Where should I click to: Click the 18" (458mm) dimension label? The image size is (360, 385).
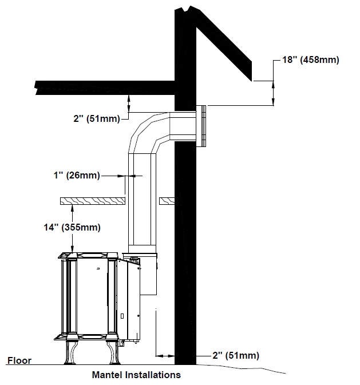[x=311, y=59]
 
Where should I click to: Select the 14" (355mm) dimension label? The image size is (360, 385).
[x=72, y=227]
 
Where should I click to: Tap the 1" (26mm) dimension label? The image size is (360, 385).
[x=77, y=176]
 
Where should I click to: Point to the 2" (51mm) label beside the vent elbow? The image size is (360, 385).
[x=97, y=118]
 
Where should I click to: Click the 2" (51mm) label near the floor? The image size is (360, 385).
[x=236, y=355]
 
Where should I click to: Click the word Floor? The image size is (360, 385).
[x=19, y=360]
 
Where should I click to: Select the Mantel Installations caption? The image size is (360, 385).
[x=136, y=375]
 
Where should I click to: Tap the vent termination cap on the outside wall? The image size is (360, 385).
[x=201, y=126]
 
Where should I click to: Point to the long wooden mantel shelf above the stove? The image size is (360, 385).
[x=93, y=201]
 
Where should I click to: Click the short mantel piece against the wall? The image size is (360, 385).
[x=167, y=201]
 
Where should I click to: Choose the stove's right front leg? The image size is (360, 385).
[x=113, y=352]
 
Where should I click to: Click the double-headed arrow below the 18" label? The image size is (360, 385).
[x=274, y=93]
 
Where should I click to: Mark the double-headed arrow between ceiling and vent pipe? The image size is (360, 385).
[x=128, y=104]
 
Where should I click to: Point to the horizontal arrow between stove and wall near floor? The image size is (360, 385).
[x=165, y=355]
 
